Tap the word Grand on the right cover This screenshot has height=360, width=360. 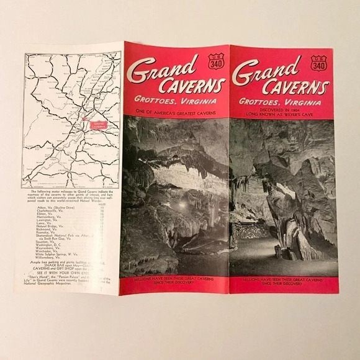point(266,68)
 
